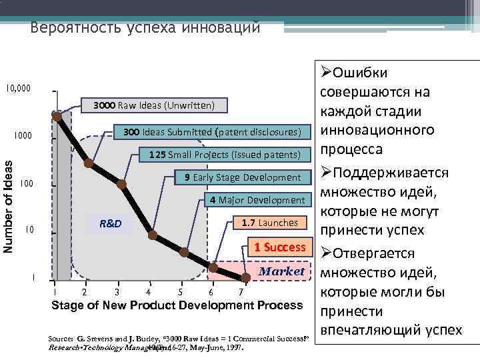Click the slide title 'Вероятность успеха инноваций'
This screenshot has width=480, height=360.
click(145, 29)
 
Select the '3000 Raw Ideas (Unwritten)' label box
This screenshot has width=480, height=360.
click(153, 105)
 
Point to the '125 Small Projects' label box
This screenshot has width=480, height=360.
click(225, 155)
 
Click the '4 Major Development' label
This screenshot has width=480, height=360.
click(257, 200)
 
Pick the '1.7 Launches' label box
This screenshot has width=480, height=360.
click(273, 222)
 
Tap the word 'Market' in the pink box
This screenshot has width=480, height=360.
click(281, 271)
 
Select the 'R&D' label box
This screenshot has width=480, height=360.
click(110, 223)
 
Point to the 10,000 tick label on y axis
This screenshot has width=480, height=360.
click(17, 88)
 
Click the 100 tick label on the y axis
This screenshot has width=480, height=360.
click(26, 183)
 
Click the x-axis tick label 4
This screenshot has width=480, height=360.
click(148, 292)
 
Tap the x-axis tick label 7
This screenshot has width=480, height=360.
click(242, 292)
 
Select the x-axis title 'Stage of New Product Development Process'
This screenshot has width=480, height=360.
click(177, 306)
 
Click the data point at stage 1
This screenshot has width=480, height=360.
click(57, 117)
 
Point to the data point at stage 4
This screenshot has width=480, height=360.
click(153, 235)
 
